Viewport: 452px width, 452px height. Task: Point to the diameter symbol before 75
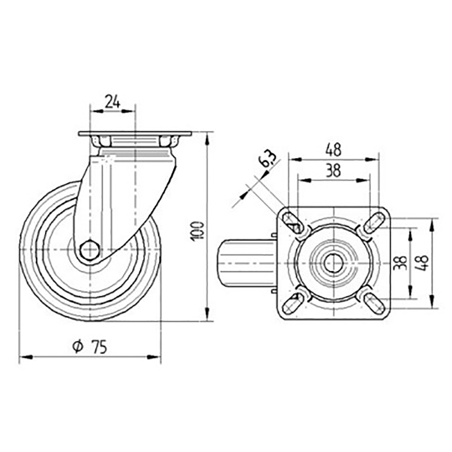click(77, 347)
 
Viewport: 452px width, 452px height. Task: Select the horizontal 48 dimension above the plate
click(333, 150)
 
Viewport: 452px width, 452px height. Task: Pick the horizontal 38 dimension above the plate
click(333, 171)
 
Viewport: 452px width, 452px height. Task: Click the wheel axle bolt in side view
click(89, 250)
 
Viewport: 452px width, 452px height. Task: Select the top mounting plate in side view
click(135, 134)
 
